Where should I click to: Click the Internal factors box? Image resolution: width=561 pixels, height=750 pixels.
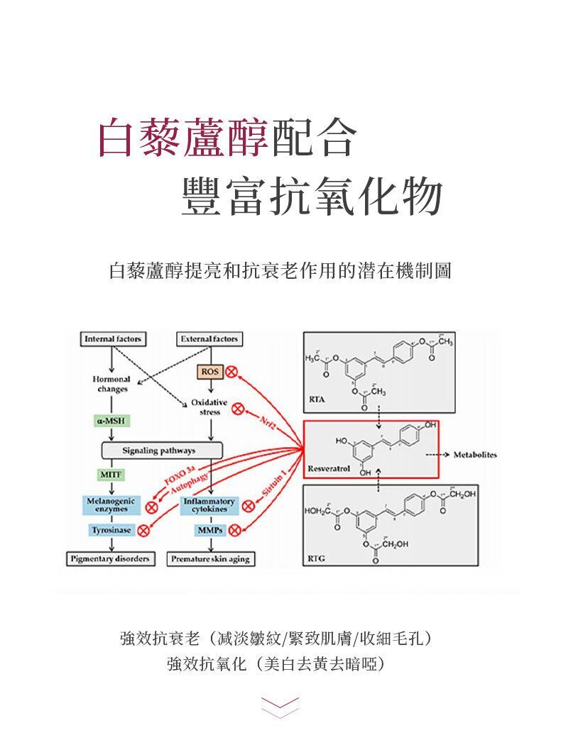(112, 339)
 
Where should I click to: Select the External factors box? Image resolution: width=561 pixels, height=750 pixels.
(209, 339)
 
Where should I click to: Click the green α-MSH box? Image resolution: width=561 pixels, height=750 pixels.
(110, 421)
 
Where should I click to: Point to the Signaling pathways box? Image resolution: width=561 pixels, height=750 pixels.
(163, 451)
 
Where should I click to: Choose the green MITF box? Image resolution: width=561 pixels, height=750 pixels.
(110, 473)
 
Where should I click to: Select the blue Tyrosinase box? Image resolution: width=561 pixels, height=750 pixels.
(111, 530)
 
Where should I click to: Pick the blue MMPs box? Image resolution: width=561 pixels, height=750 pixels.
(209, 530)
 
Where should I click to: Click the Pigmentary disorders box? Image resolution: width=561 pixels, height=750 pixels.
(110, 559)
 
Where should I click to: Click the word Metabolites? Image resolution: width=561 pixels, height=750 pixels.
(475, 454)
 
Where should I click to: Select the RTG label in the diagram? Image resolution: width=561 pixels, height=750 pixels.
(317, 559)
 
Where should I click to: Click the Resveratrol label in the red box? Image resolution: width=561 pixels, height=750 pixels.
(327, 469)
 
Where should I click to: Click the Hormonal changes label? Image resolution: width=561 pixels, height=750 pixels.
(110, 385)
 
